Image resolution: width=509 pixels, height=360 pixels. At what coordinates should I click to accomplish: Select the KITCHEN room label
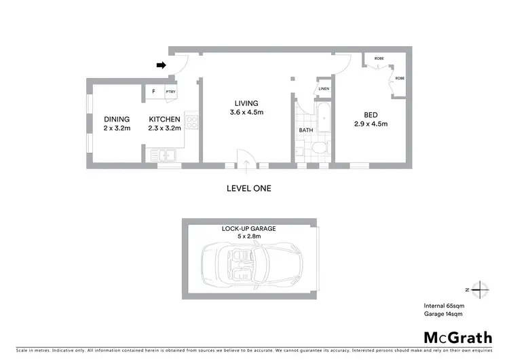[165, 120]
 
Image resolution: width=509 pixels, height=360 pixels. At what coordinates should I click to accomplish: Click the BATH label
[306, 130]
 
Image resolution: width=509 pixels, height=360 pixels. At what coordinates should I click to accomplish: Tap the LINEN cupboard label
[324, 89]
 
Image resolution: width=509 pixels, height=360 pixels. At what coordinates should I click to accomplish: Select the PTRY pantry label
[170, 92]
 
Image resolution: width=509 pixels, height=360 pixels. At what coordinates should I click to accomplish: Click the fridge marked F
[153, 91]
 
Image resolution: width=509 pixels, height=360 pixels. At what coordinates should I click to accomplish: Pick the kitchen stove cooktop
[191, 123]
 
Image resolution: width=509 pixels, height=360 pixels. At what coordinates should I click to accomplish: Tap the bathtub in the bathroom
[323, 120]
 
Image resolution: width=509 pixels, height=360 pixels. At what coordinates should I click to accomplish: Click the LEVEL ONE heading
[248, 188]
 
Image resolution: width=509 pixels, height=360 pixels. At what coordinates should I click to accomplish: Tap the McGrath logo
[457, 338]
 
